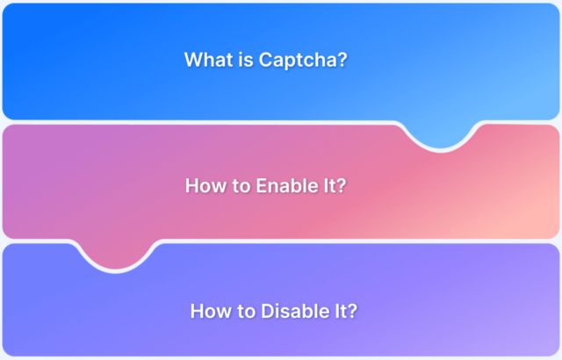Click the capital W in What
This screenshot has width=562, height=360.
(x=193, y=60)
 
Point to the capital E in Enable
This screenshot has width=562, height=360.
(x=261, y=186)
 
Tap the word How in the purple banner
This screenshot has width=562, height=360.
(x=208, y=311)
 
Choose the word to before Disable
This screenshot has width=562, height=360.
(x=243, y=311)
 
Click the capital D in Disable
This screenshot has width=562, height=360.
(x=265, y=311)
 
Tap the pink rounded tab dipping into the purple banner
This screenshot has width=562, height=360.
(x=119, y=255)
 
